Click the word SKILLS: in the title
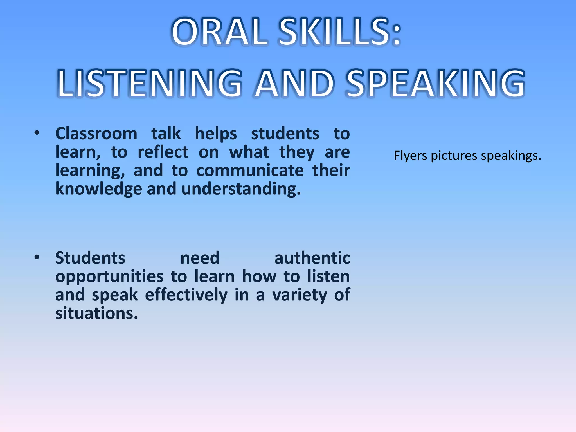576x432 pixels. [x=340, y=32]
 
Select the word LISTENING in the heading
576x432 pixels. [x=149, y=84]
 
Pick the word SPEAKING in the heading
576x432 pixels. [x=435, y=84]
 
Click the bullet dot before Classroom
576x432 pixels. [x=37, y=133]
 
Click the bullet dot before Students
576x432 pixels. [x=37, y=257]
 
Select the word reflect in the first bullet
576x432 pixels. [x=163, y=152]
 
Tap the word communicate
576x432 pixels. [x=250, y=170]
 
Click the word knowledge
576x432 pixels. [x=98, y=189]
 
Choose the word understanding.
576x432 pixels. [x=241, y=189]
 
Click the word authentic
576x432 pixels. [x=312, y=258]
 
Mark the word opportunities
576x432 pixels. [x=109, y=276]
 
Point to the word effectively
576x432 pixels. [x=186, y=295]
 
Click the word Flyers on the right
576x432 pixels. [x=410, y=156]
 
